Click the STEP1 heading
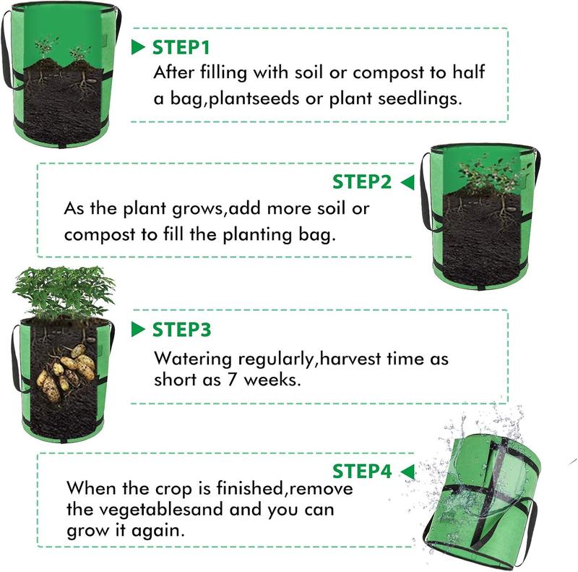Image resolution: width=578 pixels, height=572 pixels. click(181, 48)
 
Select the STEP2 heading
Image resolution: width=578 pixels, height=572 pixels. click(362, 182)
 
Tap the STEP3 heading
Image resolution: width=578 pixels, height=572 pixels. click(182, 330)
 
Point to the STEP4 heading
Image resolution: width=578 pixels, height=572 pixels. click(362, 471)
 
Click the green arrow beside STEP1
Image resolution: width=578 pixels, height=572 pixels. click(138, 47)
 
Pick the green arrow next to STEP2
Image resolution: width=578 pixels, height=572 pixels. click(407, 182)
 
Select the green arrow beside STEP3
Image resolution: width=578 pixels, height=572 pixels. click(138, 329)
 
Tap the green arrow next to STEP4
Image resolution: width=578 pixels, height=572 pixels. click(407, 471)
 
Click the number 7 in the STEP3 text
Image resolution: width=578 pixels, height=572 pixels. click(231, 379)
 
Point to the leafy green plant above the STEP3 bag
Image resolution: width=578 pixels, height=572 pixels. click(64, 291)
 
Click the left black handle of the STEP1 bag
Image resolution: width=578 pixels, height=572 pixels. click(7, 51)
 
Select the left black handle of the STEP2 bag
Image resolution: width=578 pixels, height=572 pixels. click(426, 192)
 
